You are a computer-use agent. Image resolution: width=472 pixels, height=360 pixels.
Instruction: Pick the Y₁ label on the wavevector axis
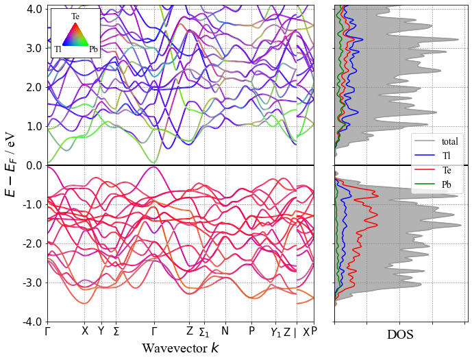pos(275,332)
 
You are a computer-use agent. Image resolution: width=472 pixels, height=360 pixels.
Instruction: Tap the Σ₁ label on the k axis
pos(204,332)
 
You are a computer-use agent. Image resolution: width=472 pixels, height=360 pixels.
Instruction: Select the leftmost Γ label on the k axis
pos(48,331)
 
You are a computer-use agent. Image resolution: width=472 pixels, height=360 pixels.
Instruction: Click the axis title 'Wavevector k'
pos(181,348)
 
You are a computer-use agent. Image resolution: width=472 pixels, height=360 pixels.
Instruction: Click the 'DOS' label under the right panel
pos(400,335)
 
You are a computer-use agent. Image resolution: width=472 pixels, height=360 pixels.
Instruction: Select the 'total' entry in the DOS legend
pos(450,141)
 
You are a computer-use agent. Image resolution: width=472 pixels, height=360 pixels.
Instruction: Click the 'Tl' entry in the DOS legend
pos(446,156)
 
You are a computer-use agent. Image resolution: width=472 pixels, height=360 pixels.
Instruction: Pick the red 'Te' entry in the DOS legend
pos(446,170)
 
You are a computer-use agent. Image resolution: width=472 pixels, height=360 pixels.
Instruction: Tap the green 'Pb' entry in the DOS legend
pos(447,184)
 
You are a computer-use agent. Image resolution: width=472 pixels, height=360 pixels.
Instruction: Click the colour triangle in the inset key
pos(75,34)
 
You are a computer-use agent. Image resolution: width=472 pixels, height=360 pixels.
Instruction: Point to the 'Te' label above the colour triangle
pos(75,16)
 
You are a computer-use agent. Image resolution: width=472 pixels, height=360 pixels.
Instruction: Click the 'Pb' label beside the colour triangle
pos(93,49)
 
